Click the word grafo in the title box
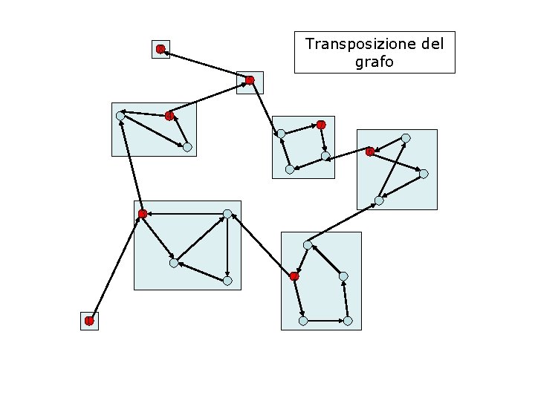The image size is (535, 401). [374, 62]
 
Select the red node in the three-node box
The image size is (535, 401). [169, 115]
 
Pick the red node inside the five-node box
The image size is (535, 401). [294, 276]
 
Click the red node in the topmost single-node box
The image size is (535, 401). [160, 49]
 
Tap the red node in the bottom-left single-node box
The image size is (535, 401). [89, 321]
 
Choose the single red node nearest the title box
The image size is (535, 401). [250, 79]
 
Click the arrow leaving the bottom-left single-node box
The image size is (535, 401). [115, 267]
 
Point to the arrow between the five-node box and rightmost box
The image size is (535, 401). [343, 222]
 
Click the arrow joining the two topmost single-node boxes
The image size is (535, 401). [205, 64]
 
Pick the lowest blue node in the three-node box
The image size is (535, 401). [187, 147]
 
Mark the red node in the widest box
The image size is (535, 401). [142, 214]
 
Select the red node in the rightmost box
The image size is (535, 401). [369, 151]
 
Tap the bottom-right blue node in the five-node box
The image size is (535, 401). [347, 321]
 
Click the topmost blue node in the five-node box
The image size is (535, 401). [307, 244]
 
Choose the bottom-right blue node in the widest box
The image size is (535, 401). [227, 281]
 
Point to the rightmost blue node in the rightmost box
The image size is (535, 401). [424, 174]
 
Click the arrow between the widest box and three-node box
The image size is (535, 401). [132, 165]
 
